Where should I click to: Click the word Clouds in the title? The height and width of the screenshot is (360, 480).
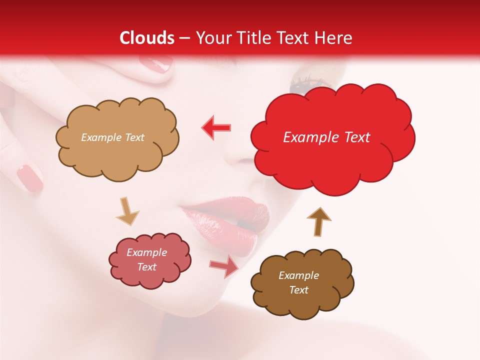[x=147, y=38]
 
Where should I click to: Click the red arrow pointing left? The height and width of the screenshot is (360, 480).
[x=216, y=127]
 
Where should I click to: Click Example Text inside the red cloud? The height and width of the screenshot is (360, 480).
[x=326, y=137]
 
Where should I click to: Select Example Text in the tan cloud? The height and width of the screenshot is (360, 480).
[x=112, y=137]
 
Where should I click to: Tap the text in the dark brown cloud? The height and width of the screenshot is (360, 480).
[x=298, y=282]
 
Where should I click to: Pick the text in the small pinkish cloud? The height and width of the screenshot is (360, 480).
[x=146, y=259]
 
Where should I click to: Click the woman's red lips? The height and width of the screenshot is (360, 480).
[x=227, y=220]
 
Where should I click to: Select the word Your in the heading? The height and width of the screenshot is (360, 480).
[x=211, y=38]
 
